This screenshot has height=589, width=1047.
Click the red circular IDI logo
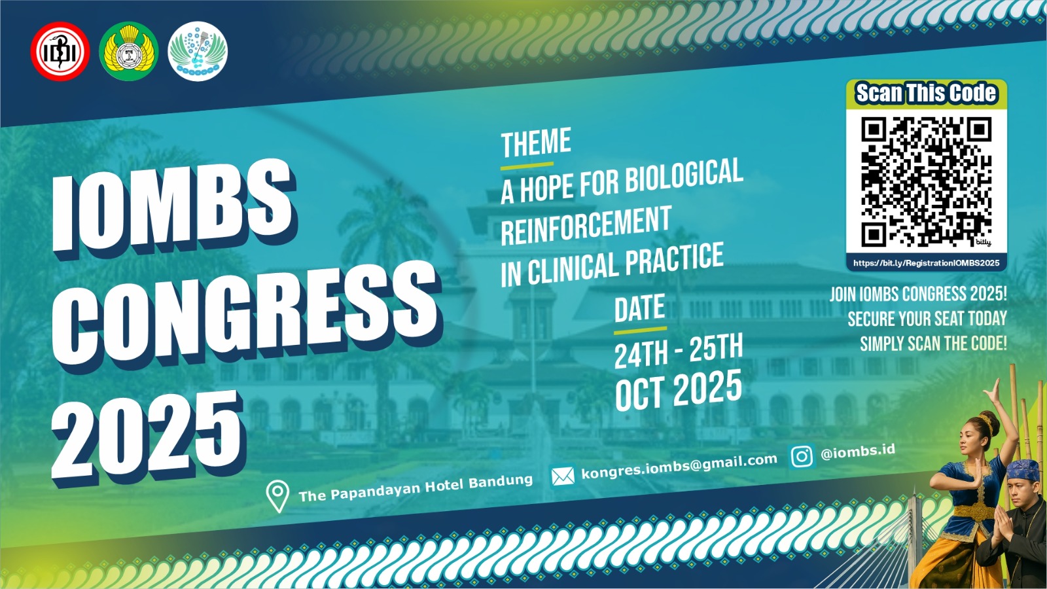pyautogui.click(x=60, y=52)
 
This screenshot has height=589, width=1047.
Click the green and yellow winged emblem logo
pyautogui.click(x=129, y=52)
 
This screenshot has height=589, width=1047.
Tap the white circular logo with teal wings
pyautogui.click(x=198, y=52)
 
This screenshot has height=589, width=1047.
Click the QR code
pyautogui.click(x=927, y=182)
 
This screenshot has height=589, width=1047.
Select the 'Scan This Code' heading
pyautogui.click(x=926, y=93)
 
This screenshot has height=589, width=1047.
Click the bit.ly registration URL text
pyautogui.click(x=927, y=263)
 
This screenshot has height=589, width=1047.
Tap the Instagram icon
pyautogui.click(x=802, y=456)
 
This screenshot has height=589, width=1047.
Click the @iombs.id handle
pyautogui.click(x=858, y=452)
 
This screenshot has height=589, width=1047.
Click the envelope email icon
pyautogui.click(x=563, y=476)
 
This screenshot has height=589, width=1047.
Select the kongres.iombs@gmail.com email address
pyautogui.click(x=679, y=467)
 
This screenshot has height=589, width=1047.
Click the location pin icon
pyautogui.click(x=277, y=497)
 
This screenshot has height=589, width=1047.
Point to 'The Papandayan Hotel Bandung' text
pyautogui.click(x=416, y=488)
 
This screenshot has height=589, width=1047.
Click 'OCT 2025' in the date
pyautogui.click(x=679, y=390)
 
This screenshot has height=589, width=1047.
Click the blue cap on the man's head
pyautogui.click(x=1022, y=469)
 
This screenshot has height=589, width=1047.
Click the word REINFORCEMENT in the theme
pyautogui.click(x=586, y=226)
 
